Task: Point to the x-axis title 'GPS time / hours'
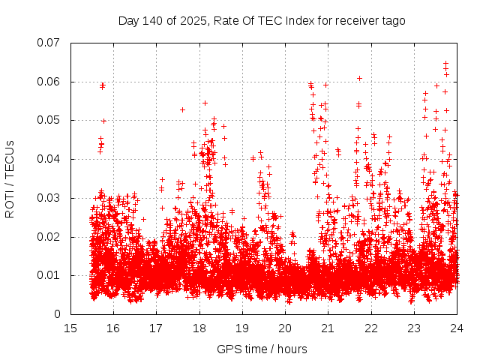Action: coord(263,349)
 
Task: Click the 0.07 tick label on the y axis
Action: coord(49,43)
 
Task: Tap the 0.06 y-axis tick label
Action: coord(49,82)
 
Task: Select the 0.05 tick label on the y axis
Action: coord(49,120)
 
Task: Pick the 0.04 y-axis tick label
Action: coord(49,159)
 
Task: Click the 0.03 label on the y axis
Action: coord(49,198)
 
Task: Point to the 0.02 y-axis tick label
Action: coord(49,237)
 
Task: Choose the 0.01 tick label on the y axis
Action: coord(49,275)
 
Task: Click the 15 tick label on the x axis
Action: coord(70,328)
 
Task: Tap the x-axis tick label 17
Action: coord(156,328)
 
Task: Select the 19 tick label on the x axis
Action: coord(242,328)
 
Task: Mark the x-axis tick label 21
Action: coord(328,328)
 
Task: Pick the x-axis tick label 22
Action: coord(370,328)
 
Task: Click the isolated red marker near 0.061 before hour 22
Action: coord(359,78)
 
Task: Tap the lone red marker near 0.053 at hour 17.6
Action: coord(182,109)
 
